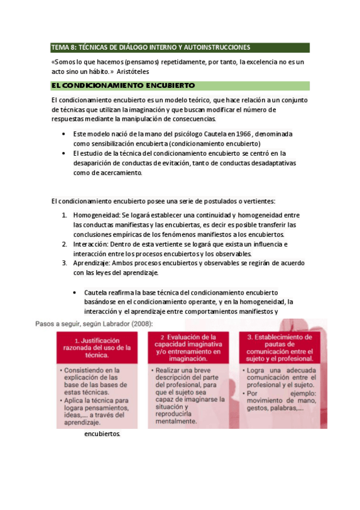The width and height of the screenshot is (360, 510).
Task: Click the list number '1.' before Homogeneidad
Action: point(65,215)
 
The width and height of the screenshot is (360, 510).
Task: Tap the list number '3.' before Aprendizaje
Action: point(65,263)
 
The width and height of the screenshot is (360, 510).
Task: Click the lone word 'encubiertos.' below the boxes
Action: point(102,434)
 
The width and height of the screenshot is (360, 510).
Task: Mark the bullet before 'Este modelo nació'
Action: point(64,134)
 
